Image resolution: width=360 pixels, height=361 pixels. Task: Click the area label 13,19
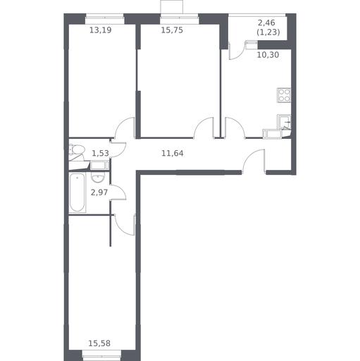pos(101,30)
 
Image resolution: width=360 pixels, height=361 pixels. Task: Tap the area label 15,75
pos(172,30)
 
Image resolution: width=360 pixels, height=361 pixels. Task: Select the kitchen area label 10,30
pos(268,55)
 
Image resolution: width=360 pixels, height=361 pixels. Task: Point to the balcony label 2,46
pos(266,23)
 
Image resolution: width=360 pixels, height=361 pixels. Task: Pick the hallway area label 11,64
pos(173,153)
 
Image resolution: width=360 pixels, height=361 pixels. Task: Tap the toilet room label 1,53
pos(100,153)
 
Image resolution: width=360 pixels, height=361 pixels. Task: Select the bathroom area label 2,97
pos(99,192)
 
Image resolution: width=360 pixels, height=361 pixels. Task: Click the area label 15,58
pos(99,343)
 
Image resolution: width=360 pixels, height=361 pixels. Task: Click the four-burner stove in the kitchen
pos(284,95)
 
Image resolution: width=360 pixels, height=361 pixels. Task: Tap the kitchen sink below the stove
pos(284,121)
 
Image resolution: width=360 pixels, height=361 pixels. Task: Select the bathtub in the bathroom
pos(77,192)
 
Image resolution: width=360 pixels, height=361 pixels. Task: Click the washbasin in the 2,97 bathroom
pos(98,178)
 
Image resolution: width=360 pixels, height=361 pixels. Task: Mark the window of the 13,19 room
pos(104,16)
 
